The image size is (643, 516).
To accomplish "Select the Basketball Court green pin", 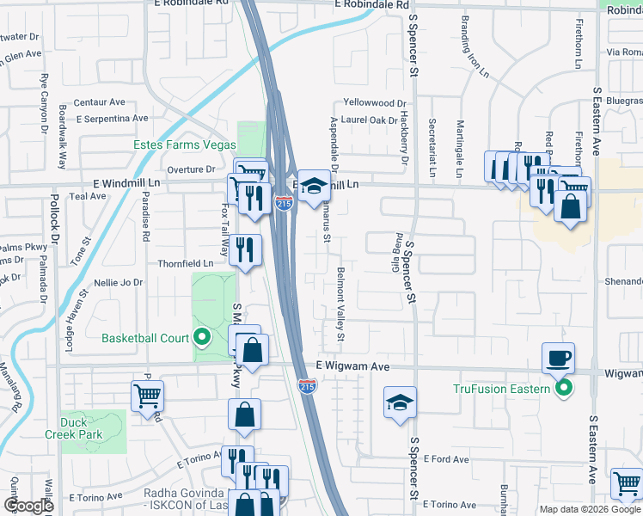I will (x=203, y=337).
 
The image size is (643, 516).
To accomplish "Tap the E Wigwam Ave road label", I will (x=353, y=366).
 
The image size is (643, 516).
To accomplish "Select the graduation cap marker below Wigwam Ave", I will (x=400, y=403).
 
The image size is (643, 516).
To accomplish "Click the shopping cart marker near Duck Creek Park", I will (x=147, y=396).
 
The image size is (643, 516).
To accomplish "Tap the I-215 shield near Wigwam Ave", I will (x=306, y=387).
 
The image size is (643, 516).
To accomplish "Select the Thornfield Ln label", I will (x=185, y=263).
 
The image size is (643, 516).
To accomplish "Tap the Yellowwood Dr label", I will (x=375, y=102).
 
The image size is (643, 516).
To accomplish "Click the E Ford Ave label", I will (x=445, y=459).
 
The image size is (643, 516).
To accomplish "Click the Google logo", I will (x=28, y=506).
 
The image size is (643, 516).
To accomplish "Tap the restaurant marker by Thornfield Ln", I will (x=246, y=251).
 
